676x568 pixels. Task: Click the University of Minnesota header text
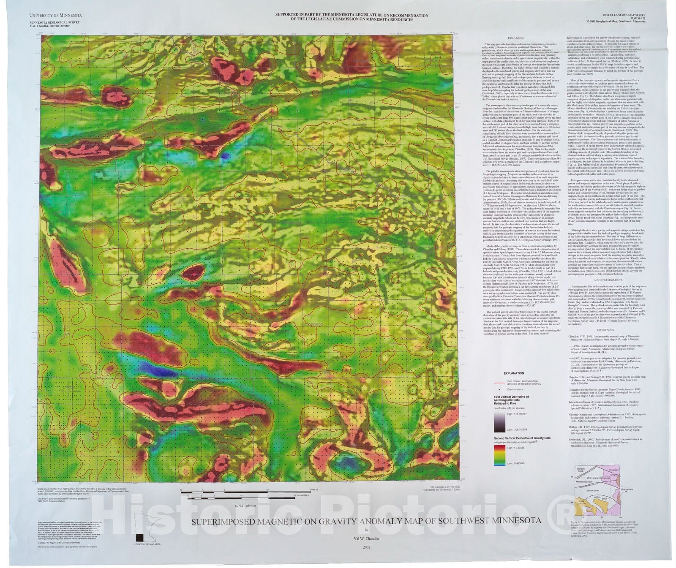tap(53, 15)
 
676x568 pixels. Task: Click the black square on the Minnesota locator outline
tap(139, 538)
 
